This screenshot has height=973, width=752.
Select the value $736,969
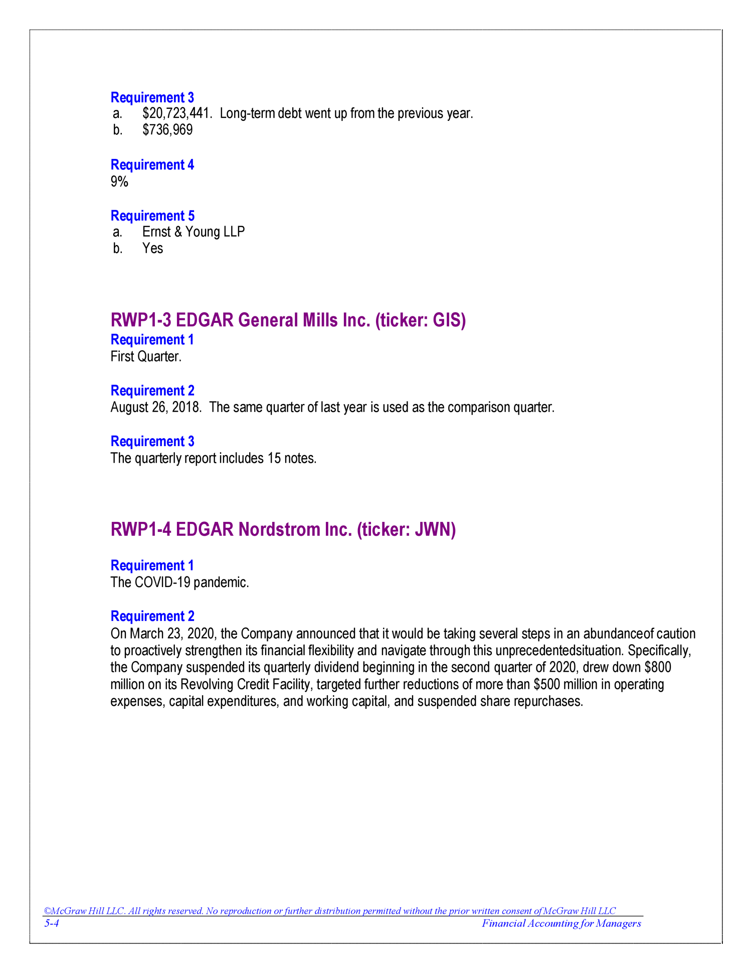(x=167, y=130)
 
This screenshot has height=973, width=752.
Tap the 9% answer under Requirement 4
(x=119, y=182)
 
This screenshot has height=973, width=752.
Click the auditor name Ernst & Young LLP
(x=194, y=232)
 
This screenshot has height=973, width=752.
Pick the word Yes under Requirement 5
(x=152, y=249)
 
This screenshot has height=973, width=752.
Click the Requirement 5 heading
(x=152, y=216)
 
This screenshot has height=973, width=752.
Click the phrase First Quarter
(x=146, y=357)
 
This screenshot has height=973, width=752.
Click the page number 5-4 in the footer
(x=52, y=924)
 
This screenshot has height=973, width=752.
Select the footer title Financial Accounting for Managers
(x=561, y=924)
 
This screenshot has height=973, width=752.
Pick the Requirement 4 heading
(x=152, y=165)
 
